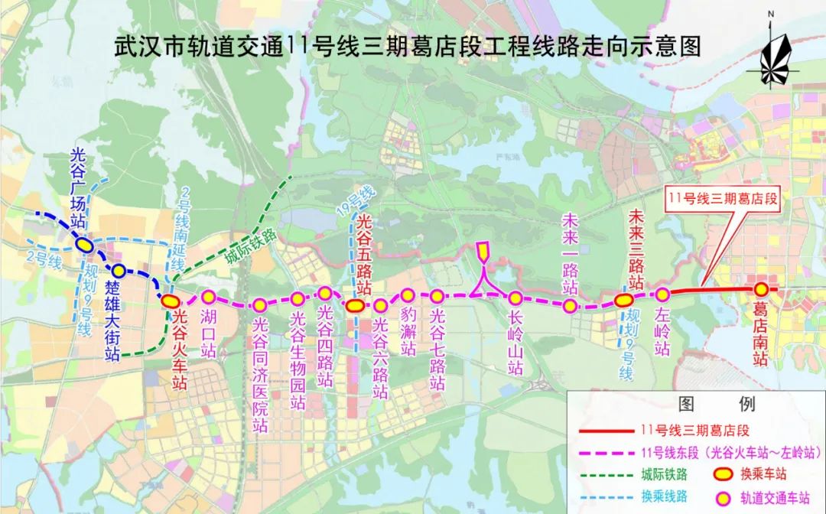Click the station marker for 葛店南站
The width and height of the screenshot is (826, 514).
click(761, 289)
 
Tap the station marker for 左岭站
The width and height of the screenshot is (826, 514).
click(663, 294)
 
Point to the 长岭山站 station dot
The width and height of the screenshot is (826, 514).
click(515, 298)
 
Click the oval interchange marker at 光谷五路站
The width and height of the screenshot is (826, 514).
click(354, 306)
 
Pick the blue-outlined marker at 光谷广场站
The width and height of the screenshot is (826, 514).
click(84, 245)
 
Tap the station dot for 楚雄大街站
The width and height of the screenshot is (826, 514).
click(119, 271)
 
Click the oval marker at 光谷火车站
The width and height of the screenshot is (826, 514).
click(170, 301)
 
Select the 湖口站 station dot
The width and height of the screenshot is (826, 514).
click(208, 297)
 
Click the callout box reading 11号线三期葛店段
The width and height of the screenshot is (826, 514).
click(723, 198)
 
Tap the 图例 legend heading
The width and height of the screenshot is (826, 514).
click(716, 404)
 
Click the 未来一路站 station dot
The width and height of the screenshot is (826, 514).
click(570, 306)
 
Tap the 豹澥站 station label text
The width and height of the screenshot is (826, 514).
click(408, 335)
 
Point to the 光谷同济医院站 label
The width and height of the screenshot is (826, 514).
click(261, 375)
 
